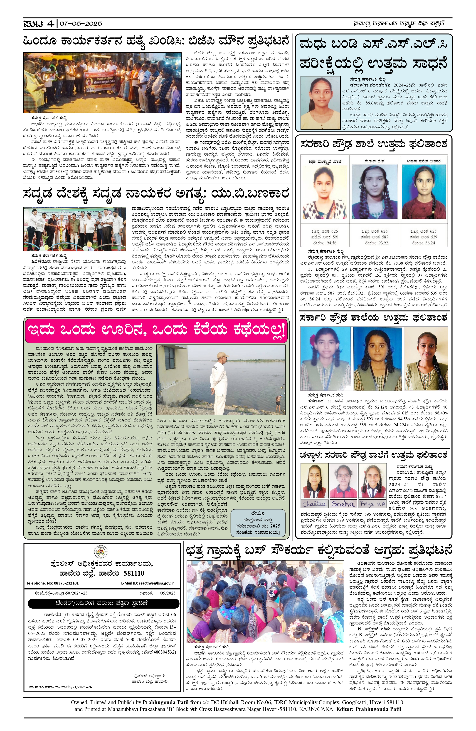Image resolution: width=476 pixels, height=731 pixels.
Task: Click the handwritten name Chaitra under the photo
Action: [314, 504]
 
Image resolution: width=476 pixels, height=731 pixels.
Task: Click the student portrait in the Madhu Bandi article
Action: [321, 103]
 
